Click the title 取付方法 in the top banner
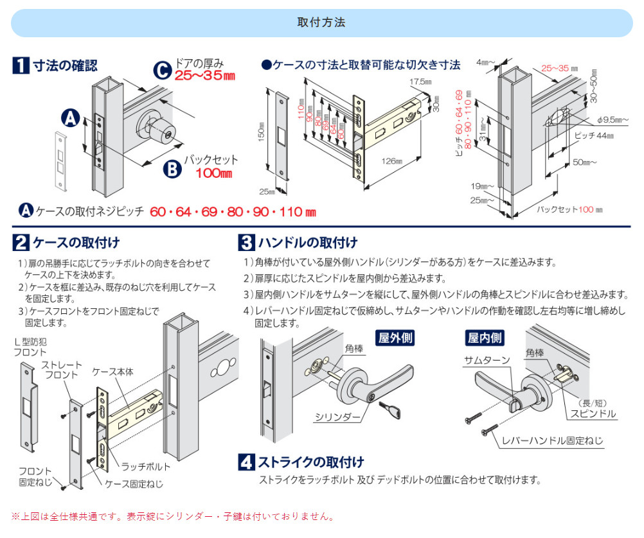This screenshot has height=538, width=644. (x=321, y=22)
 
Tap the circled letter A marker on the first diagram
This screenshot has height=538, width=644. (x=71, y=117)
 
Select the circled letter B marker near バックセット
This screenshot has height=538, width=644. (x=172, y=168)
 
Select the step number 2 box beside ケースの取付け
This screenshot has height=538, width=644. (x=21, y=243)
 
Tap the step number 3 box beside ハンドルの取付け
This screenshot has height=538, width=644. (x=246, y=243)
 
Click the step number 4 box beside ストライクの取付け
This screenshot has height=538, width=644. (x=246, y=462)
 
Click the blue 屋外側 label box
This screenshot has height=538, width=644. (x=394, y=338)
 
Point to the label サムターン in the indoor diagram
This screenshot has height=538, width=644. (x=487, y=361)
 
